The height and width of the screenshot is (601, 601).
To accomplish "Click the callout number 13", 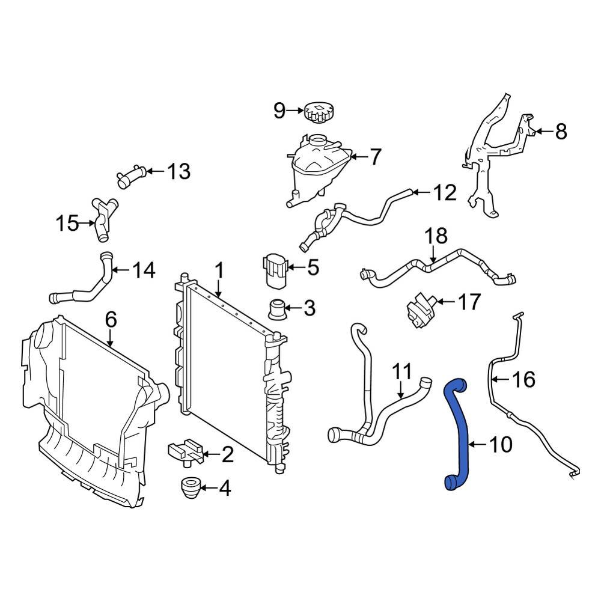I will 178,172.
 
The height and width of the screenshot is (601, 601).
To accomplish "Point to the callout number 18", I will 437,235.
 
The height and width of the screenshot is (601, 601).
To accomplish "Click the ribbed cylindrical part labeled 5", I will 274,272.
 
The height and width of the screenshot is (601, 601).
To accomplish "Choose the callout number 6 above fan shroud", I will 111,320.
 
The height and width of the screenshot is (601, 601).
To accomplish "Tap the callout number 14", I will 143,270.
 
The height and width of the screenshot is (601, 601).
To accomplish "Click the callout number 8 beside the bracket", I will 561,132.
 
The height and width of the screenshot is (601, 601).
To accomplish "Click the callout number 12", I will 445,193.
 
